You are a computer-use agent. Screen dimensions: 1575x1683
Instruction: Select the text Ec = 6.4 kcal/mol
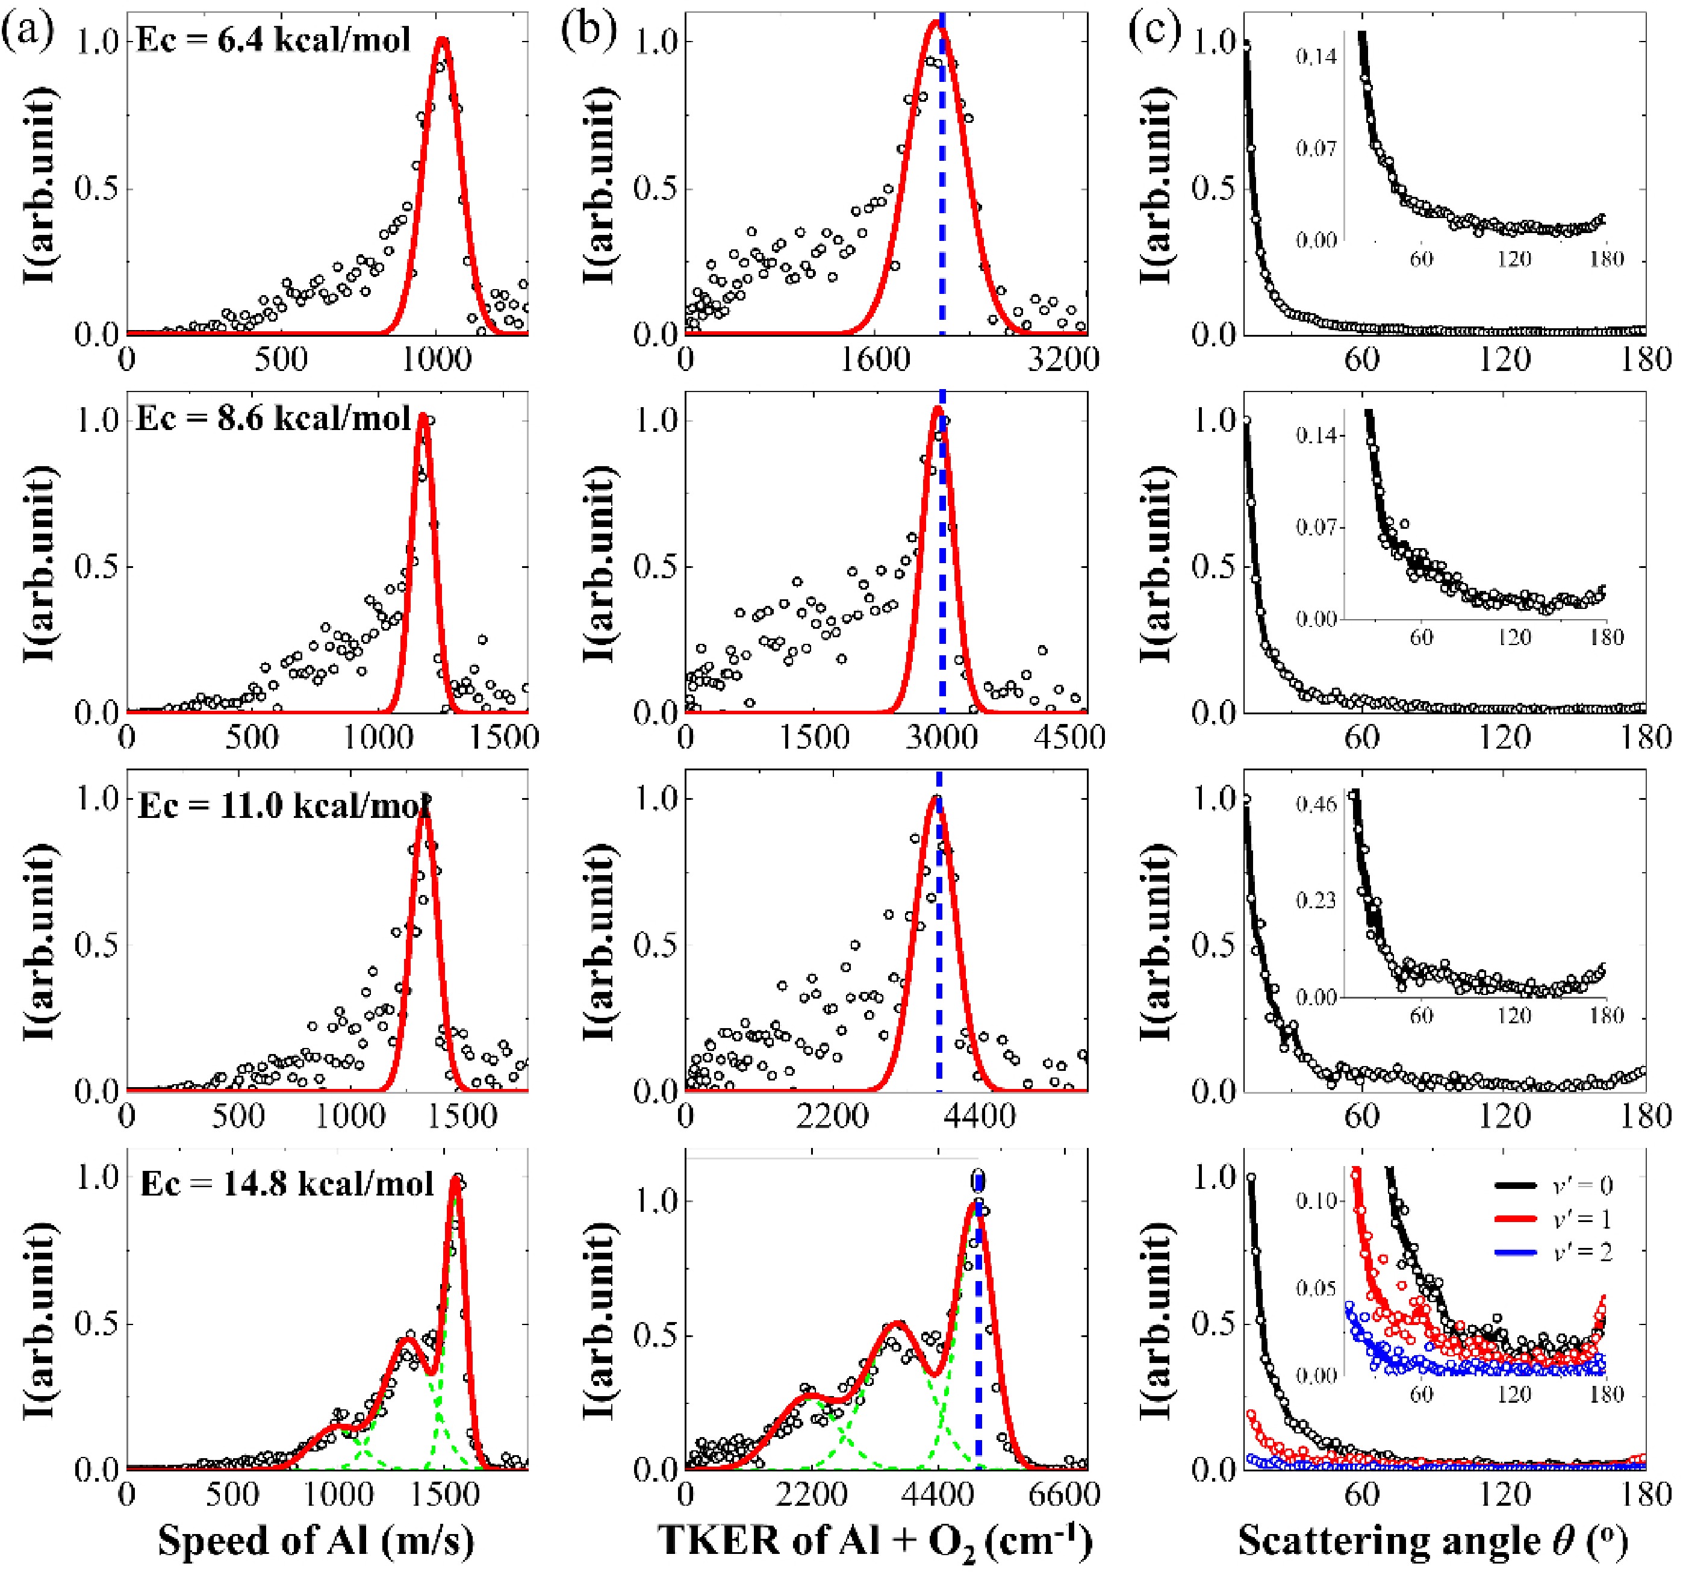point(273,39)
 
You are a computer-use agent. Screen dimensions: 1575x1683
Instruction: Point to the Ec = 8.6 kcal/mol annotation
point(273,419)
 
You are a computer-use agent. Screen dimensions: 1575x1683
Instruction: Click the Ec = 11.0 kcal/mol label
point(284,805)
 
